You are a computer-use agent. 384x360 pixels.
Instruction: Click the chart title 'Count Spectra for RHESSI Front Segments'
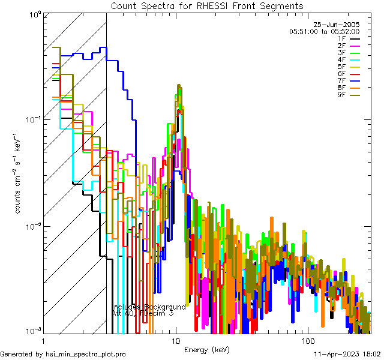coord(207,5)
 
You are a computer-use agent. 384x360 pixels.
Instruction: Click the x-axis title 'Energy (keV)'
coord(207,350)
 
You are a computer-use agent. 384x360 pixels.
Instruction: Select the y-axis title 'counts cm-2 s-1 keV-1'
coord(19,174)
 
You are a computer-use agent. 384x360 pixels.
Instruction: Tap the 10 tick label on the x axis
coord(175,340)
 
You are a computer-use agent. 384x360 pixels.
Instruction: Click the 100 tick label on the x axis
coord(307,340)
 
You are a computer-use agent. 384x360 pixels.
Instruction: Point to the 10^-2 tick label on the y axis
coord(30,226)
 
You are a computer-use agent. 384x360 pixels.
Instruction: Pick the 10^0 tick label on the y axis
coord(32,13)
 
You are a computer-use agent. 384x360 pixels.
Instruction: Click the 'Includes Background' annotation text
coord(149,307)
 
